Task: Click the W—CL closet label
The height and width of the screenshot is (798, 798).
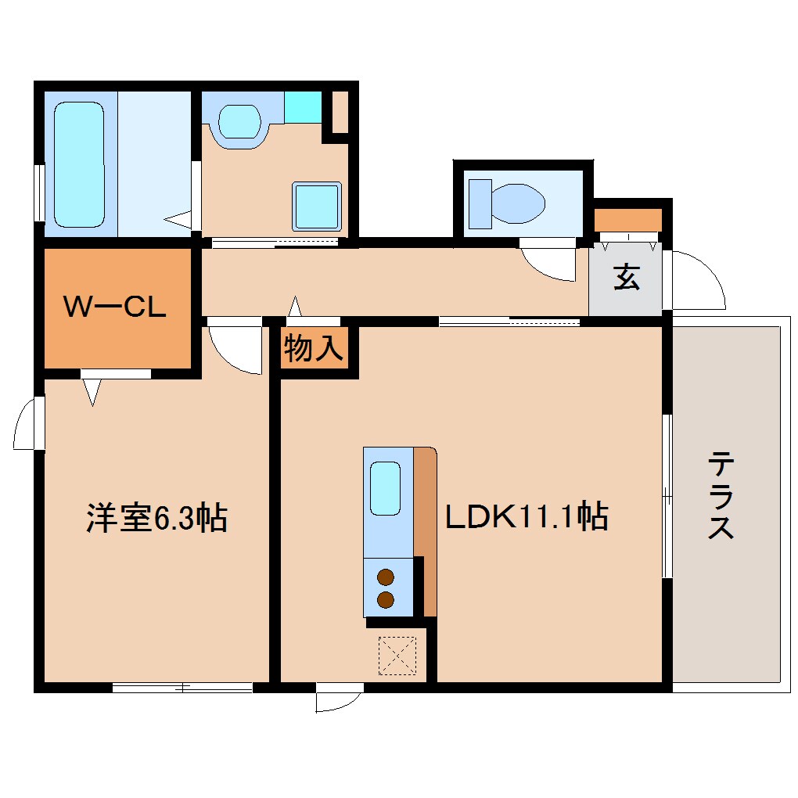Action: (114, 307)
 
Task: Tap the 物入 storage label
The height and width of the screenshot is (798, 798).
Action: (314, 349)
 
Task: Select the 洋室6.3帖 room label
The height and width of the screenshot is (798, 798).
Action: (156, 518)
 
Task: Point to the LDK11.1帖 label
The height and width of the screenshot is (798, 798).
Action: (527, 517)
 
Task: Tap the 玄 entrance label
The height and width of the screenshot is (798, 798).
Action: (626, 277)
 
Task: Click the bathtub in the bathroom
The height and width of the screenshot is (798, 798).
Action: (79, 165)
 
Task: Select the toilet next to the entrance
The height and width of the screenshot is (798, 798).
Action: (507, 199)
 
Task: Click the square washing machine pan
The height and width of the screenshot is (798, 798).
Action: (317, 206)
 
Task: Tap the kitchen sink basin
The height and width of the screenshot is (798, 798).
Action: (384, 488)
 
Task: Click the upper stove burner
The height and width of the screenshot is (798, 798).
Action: (385, 578)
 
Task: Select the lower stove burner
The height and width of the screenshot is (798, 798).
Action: (385, 599)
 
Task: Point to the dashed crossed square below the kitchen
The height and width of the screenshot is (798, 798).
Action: (397, 656)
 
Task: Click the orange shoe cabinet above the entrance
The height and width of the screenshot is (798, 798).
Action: (627, 220)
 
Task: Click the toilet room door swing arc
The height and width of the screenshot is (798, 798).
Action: (551, 264)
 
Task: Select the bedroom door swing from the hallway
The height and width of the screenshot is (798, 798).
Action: (235, 348)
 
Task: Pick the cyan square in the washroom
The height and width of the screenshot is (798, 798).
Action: (303, 106)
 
